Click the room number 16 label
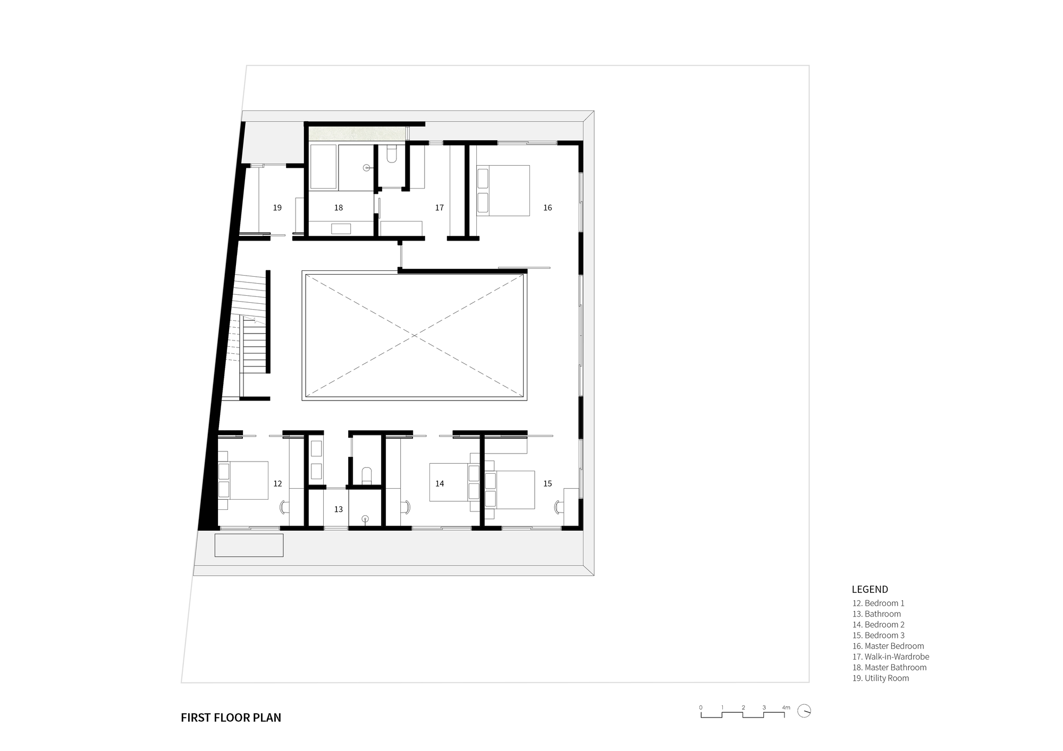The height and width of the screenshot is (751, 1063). (547, 208)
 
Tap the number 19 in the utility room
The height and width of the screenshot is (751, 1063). (277, 208)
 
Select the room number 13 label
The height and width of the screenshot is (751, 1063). (339, 509)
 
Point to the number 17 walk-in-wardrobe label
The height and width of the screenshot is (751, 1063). (439, 208)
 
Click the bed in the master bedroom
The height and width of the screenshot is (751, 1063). (503, 190)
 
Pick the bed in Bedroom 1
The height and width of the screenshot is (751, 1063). (243, 480)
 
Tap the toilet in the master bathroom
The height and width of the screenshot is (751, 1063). (392, 153)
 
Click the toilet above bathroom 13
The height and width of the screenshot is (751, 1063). (366, 474)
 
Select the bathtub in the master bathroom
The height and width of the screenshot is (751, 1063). (323, 166)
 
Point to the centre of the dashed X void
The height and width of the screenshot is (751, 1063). (414, 336)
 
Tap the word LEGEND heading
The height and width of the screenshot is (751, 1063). (870, 589)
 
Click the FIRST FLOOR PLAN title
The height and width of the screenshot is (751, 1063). (231, 718)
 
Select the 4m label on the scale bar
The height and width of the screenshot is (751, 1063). (786, 707)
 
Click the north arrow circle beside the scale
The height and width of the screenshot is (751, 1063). (804, 711)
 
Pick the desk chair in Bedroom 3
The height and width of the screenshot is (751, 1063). (558, 507)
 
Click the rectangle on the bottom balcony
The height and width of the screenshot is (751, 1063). (249, 545)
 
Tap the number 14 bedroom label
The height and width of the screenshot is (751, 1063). (440, 484)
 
